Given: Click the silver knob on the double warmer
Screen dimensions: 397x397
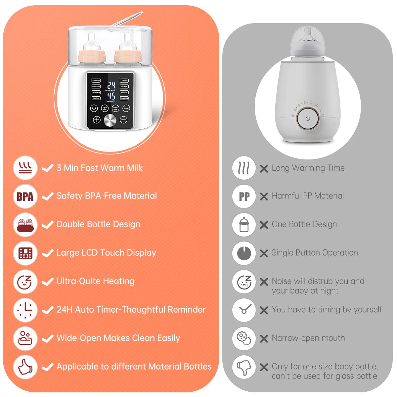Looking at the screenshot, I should [110, 120].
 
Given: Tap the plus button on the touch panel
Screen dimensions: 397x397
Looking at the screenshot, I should [97, 120].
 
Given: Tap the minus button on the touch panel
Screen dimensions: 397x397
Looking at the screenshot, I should [124, 120].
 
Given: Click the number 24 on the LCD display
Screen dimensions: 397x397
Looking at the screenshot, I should [111, 85].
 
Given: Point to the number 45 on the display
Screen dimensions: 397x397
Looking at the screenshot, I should [111, 96].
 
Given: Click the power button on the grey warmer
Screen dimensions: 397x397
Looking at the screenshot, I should [308, 119].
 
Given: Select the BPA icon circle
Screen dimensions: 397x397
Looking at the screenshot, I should [25, 197].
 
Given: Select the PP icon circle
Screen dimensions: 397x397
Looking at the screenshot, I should [244, 197].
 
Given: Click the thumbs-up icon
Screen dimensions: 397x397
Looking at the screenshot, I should [25, 367].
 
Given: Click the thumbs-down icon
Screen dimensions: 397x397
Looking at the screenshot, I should [244, 367].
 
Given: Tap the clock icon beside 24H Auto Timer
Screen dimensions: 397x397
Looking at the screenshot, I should [25, 310].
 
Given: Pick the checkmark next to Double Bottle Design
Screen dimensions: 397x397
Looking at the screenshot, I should [48, 225].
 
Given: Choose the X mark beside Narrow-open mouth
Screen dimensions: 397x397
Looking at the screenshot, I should [264, 338].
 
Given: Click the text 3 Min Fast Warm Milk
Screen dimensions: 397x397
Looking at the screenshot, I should [100, 168].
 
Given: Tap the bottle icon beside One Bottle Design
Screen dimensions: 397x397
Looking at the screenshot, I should [244, 225].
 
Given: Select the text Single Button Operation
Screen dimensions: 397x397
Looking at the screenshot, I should [315, 253].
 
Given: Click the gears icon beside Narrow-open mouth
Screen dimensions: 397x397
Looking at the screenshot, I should [244, 338].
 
